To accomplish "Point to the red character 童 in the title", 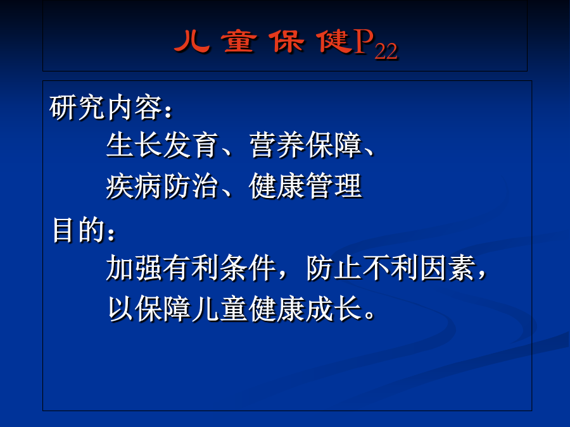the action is pyautogui.click(x=239, y=41).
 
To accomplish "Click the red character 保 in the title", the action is pyautogui.click(x=287, y=41).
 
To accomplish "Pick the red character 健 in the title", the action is pyautogui.click(x=334, y=41).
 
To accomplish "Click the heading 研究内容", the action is pyautogui.click(x=106, y=108).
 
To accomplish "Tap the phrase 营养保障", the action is pyautogui.click(x=306, y=145).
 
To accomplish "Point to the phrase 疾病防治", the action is pyautogui.click(x=162, y=186).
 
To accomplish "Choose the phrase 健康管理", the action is pyautogui.click(x=305, y=186).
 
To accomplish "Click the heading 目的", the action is pyautogui.click(x=79, y=230).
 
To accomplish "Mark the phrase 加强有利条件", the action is pyautogui.click(x=191, y=268).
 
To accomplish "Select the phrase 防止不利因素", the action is pyautogui.click(x=391, y=268).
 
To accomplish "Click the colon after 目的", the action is pyautogui.click(x=111, y=234).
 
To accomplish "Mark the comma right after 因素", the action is pyautogui.click(x=482, y=274).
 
